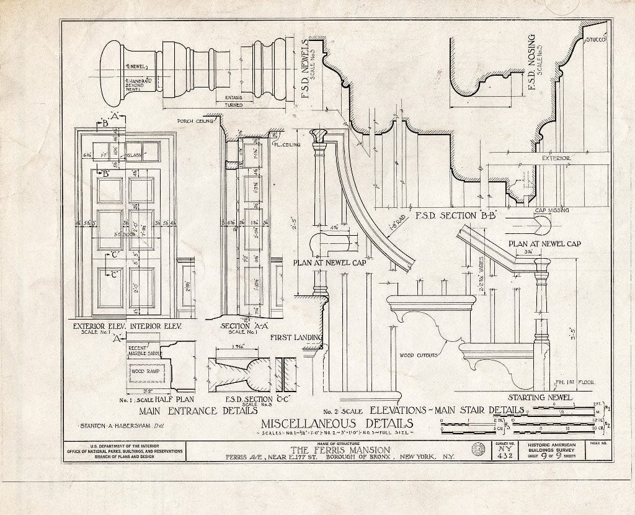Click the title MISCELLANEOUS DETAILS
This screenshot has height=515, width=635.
(x=335, y=424)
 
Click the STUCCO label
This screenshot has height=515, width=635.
(x=596, y=40)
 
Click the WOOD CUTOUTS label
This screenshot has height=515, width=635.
(x=419, y=356)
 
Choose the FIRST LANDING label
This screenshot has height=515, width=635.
(x=296, y=338)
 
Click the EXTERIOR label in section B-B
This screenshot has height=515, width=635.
(x=556, y=158)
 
